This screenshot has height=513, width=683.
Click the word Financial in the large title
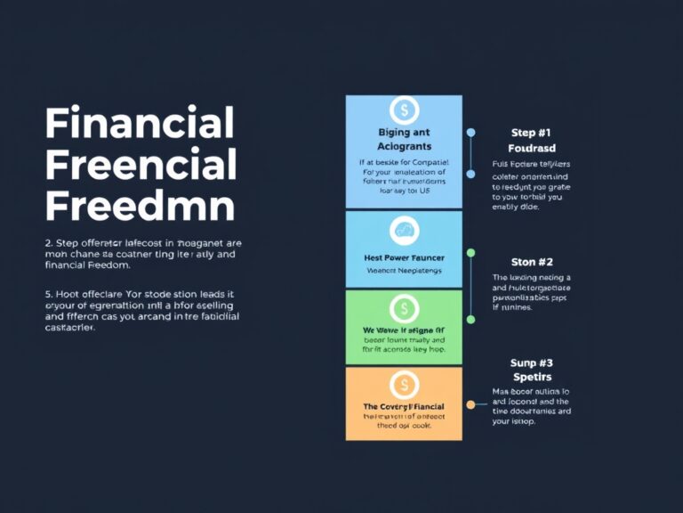(140, 122)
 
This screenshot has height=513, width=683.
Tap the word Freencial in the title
(141, 165)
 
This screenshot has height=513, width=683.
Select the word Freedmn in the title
(140, 207)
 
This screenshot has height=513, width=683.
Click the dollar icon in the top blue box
(404, 110)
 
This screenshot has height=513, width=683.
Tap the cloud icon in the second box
(404, 230)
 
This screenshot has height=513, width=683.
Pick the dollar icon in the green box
(404, 309)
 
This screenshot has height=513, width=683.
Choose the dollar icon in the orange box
(404, 385)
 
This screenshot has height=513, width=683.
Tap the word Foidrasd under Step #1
(532, 148)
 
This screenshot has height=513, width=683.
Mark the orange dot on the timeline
(470, 404)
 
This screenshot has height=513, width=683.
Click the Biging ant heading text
(404, 132)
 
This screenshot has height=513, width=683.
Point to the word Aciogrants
(404, 145)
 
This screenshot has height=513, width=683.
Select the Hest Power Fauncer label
(404, 257)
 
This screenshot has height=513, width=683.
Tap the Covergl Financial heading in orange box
(404, 406)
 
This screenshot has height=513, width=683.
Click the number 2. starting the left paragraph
(49, 242)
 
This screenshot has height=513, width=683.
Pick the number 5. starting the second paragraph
(49, 293)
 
